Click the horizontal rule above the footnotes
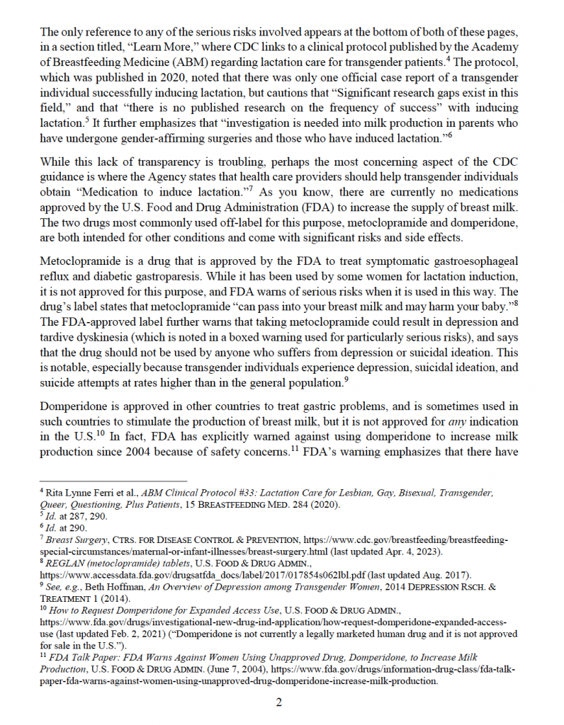point(110,480)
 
